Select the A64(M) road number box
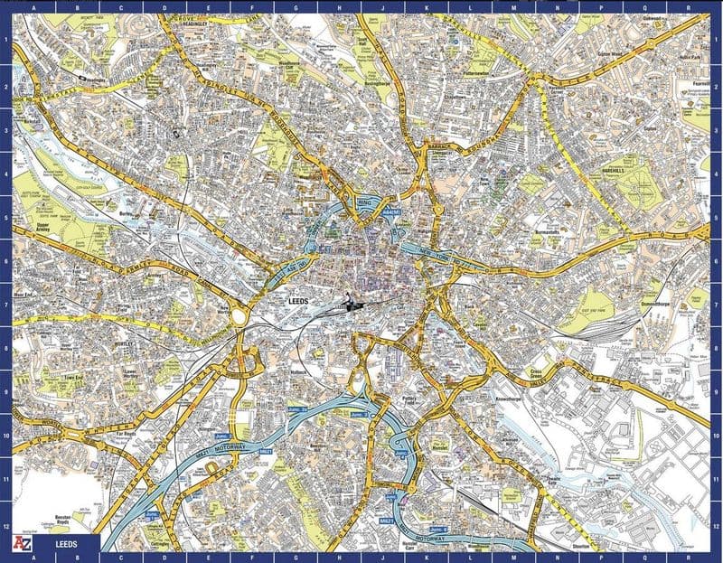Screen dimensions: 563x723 coord(390,211)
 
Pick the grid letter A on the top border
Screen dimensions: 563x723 coord(35,7)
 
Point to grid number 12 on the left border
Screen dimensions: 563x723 coord(6,527)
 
